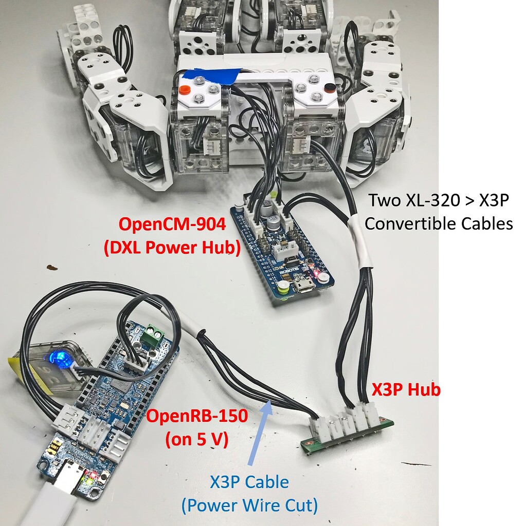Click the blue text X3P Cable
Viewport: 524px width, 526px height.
click(249, 482)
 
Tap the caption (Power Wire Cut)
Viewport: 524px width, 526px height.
click(249, 505)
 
